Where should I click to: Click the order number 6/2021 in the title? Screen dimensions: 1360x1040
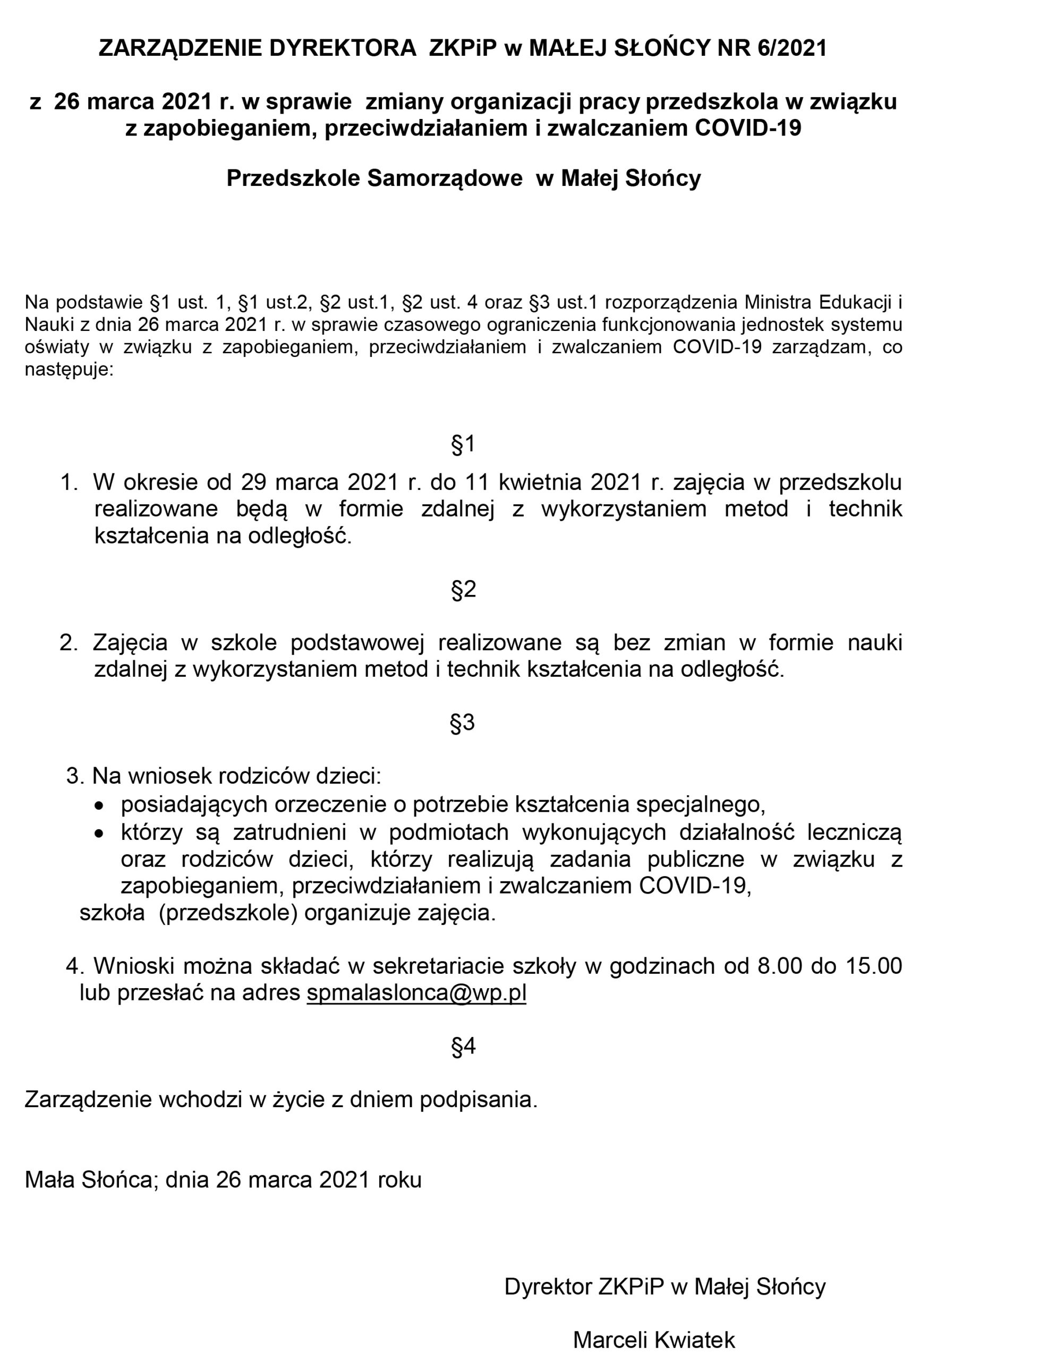tap(792, 48)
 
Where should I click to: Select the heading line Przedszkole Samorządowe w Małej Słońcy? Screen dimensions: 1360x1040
tap(463, 178)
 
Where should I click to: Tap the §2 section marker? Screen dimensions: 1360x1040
tap(463, 589)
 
